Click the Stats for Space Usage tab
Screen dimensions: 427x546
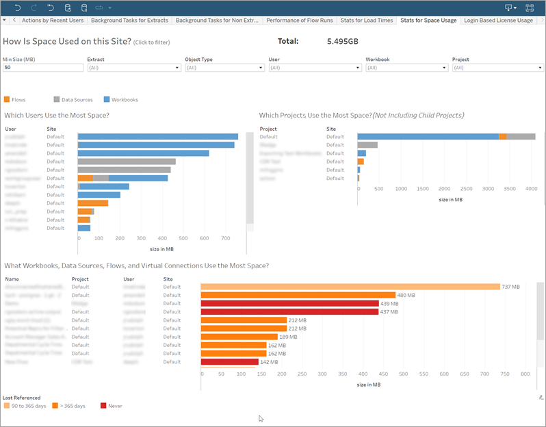click(x=428, y=21)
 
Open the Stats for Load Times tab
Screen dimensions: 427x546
click(x=367, y=21)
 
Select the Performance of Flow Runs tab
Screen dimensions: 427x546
click(x=299, y=21)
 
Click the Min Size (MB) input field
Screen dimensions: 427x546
click(x=40, y=68)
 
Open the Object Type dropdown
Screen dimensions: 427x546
click(x=224, y=68)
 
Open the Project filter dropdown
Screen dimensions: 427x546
click(x=497, y=68)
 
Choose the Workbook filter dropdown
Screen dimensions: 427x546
click(x=406, y=68)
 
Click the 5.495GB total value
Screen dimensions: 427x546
click(x=342, y=42)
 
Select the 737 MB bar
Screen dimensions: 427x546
click(x=350, y=287)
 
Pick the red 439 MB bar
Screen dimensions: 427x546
click(x=289, y=303)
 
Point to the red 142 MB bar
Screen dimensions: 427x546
click(x=229, y=361)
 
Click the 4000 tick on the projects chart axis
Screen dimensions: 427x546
click(x=530, y=188)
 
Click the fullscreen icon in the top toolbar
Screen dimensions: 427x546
click(x=530, y=8)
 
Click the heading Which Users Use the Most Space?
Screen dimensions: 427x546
click(x=57, y=115)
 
